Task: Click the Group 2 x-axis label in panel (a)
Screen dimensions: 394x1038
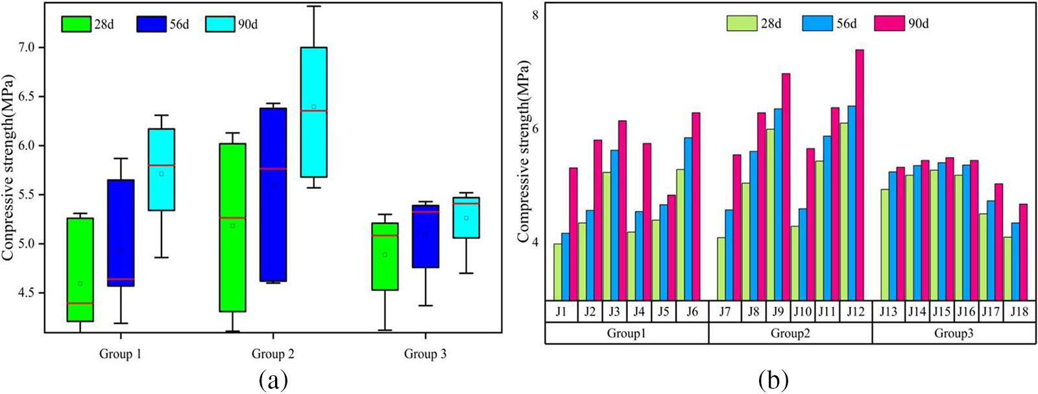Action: click(272, 354)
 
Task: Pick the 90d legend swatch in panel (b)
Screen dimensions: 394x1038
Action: click(887, 23)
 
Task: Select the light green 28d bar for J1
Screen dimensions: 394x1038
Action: click(557, 271)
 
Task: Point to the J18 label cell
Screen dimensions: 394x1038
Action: click(1019, 312)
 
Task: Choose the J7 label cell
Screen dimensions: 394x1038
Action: click(725, 312)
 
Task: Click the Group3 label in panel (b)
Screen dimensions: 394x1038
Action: click(953, 334)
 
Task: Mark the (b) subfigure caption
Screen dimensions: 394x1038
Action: click(773, 379)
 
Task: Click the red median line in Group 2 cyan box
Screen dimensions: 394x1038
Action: click(313, 111)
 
